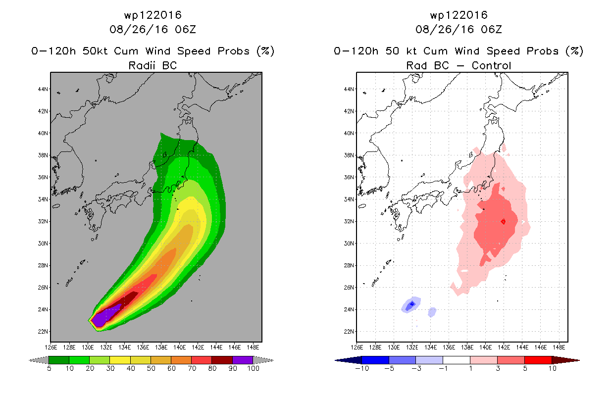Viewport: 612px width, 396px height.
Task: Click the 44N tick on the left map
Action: click(x=43, y=89)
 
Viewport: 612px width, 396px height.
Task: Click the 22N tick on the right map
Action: click(x=349, y=331)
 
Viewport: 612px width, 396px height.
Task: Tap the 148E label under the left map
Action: click(x=253, y=347)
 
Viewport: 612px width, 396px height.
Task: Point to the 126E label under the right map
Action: click(x=357, y=347)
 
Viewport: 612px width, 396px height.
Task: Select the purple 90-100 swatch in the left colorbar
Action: click(x=243, y=360)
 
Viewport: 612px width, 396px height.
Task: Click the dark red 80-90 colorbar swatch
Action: click(x=222, y=360)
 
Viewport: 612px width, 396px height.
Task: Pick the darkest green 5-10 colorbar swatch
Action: click(x=59, y=360)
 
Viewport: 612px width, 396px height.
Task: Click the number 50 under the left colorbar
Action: click(x=151, y=368)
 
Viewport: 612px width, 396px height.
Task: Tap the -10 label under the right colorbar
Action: click(x=362, y=368)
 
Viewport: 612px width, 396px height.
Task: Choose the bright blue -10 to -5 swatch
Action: click(x=375, y=360)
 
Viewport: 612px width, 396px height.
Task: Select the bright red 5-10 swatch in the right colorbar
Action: click(x=538, y=360)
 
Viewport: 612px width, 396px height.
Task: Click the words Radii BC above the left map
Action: click(x=153, y=65)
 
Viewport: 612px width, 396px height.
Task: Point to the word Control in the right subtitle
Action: click(x=491, y=65)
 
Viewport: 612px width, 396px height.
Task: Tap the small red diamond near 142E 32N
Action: click(x=503, y=221)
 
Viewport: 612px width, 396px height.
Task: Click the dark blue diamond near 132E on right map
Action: click(x=412, y=304)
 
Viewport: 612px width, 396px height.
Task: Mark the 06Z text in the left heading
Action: click(x=186, y=30)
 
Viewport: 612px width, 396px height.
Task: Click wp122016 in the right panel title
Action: click(x=459, y=15)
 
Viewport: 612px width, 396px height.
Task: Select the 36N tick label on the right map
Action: click(x=349, y=177)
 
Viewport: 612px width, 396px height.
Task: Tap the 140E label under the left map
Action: click(x=179, y=347)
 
